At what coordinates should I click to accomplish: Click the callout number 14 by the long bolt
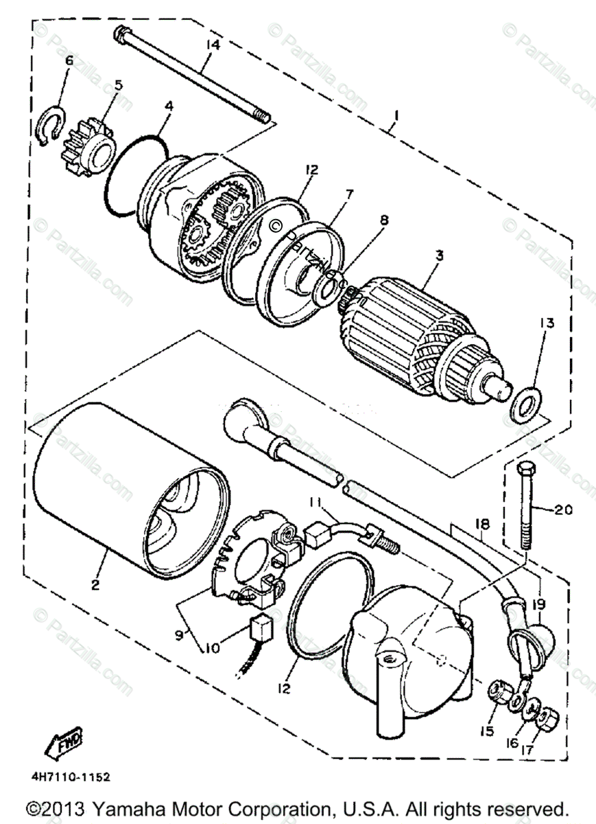(212, 46)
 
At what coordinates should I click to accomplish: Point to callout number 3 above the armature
(438, 255)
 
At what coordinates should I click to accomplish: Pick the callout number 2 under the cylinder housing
(95, 585)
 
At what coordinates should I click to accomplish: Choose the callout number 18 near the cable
(484, 524)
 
